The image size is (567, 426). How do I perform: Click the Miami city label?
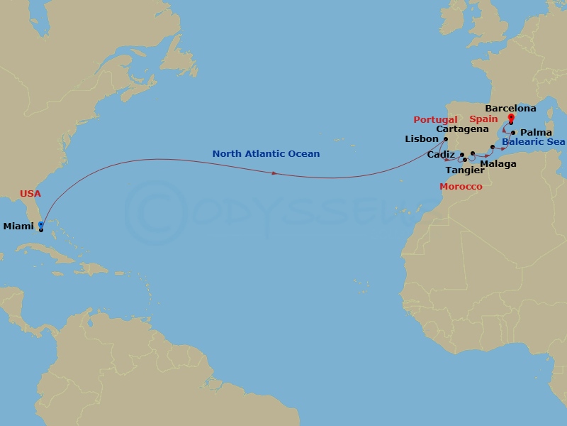point(18,226)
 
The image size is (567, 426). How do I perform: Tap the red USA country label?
point(30,193)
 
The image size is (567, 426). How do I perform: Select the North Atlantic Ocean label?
point(266,153)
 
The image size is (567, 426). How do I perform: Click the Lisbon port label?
point(422,139)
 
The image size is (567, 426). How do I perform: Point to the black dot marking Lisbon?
point(446,139)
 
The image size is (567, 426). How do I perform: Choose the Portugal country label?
point(435,120)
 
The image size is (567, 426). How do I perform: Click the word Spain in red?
point(483,119)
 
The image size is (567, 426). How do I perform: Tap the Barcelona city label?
point(510,109)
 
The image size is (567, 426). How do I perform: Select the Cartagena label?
point(462,129)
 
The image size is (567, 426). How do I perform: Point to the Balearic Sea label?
point(533,142)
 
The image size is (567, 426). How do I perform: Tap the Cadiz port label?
point(441,154)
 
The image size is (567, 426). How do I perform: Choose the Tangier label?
point(459,170)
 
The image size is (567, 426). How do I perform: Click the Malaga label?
point(498,164)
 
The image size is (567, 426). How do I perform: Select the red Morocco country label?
point(461,187)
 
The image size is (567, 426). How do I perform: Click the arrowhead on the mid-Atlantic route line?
point(274,174)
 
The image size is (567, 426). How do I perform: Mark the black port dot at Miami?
point(41,230)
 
